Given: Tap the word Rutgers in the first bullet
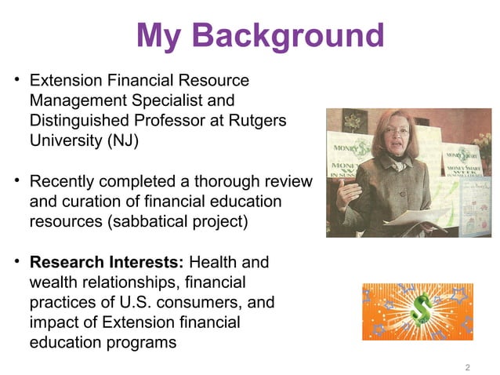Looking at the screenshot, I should point(257,123).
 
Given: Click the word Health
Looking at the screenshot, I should point(218,262).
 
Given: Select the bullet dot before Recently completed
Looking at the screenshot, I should point(16,182).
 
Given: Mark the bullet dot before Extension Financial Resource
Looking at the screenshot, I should point(16,81).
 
